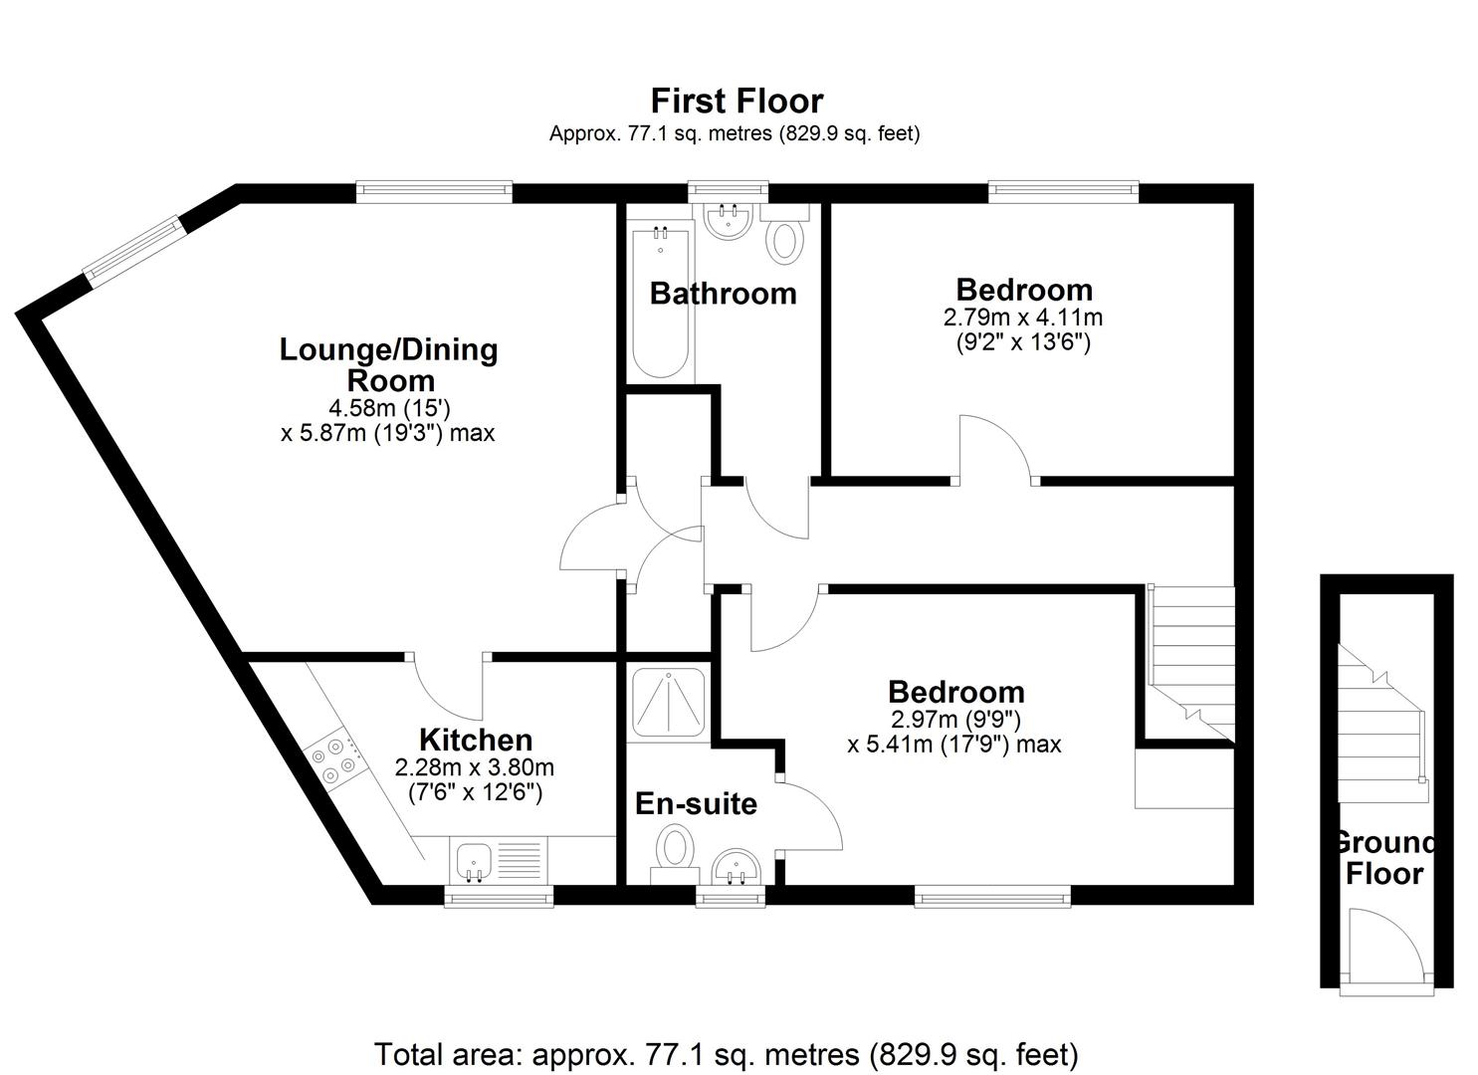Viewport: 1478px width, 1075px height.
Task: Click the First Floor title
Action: click(737, 101)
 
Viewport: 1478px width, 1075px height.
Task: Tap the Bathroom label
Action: click(724, 294)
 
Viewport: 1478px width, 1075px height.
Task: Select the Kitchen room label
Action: click(476, 740)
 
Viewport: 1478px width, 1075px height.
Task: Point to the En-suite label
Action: click(696, 804)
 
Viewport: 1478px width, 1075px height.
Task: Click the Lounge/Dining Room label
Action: click(388, 365)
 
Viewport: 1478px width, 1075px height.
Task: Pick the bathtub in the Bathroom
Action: click(661, 301)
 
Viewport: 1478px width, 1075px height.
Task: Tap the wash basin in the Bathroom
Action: click(728, 220)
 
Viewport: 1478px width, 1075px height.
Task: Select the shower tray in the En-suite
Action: click(668, 702)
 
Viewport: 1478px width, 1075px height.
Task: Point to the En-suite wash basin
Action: click(738, 866)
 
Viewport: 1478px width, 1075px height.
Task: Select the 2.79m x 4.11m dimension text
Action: click(1023, 318)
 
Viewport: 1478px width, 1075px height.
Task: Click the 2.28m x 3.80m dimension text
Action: click(475, 767)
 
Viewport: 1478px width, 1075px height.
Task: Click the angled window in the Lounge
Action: click(132, 252)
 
